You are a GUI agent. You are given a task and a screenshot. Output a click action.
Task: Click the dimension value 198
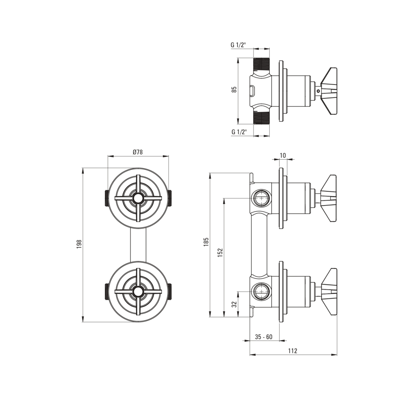(x=80, y=244)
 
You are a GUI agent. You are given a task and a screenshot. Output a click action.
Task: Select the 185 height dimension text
(x=206, y=242)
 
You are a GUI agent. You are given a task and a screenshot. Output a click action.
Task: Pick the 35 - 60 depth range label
(x=264, y=337)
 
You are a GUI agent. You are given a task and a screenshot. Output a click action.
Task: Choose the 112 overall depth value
(x=293, y=351)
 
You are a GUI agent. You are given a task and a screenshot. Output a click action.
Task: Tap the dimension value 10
(x=283, y=155)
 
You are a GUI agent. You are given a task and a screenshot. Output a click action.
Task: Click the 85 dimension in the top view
(x=234, y=90)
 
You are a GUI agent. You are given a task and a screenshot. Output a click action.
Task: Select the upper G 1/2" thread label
(x=238, y=45)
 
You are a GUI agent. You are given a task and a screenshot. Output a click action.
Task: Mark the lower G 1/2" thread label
(x=239, y=132)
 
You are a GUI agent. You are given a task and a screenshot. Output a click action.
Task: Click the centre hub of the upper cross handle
(x=138, y=199)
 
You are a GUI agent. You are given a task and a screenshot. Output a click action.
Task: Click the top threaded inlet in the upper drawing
(x=262, y=65)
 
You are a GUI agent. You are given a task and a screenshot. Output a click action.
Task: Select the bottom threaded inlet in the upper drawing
(x=262, y=117)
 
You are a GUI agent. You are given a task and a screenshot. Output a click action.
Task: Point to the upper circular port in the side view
(x=261, y=198)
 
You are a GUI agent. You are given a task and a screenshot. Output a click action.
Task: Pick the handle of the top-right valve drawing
(x=329, y=91)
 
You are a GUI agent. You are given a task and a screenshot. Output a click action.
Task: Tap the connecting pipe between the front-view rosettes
(x=138, y=245)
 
